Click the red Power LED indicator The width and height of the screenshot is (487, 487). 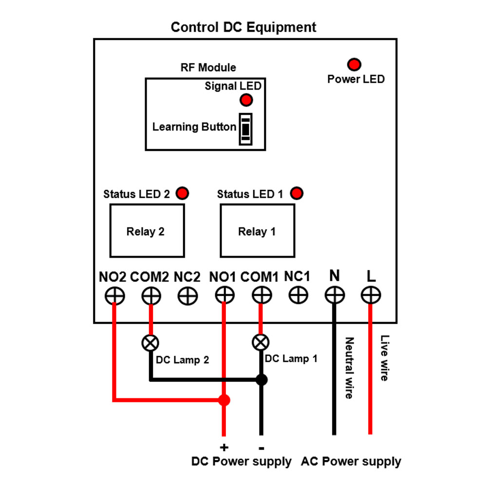click(354, 64)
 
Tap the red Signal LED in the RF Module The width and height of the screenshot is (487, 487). click(246, 100)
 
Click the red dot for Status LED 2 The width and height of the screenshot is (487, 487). click(183, 193)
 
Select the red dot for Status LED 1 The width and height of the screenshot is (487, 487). click(297, 193)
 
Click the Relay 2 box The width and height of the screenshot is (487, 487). click(147, 231)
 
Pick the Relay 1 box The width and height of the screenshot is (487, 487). click(257, 231)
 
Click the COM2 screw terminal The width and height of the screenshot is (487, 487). click(151, 295)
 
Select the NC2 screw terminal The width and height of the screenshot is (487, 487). click(188, 295)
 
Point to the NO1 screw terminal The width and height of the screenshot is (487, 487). click(225, 295)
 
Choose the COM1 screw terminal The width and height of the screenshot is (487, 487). click(262, 295)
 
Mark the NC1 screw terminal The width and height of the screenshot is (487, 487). click(298, 295)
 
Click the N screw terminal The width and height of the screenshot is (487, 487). click(335, 295)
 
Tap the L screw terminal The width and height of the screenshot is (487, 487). click(371, 295)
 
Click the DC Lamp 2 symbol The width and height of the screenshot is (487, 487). click(150, 343)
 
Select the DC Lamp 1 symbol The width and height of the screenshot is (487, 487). click(261, 343)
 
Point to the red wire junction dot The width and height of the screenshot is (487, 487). click(224, 400)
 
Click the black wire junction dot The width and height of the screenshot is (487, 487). click(262, 379)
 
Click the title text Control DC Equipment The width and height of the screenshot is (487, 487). click(243, 27)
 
